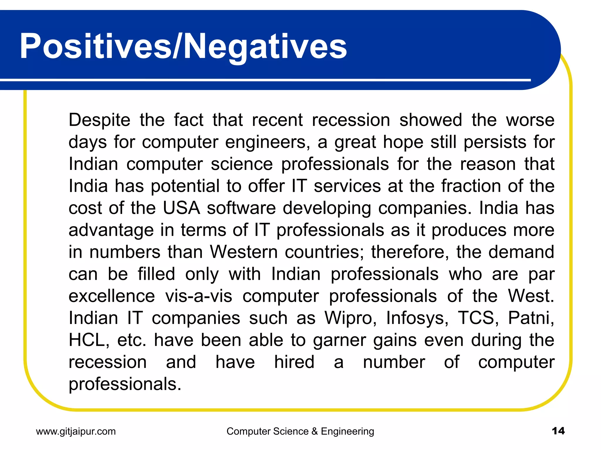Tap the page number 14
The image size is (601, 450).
(x=558, y=431)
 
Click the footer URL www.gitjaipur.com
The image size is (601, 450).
(x=76, y=432)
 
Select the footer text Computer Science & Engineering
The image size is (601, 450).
(x=300, y=432)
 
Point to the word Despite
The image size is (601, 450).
(x=99, y=120)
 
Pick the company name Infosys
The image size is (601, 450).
(x=417, y=318)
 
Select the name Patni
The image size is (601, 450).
(x=531, y=318)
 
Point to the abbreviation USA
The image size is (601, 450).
(x=181, y=208)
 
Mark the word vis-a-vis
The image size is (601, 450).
(x=199, y=296)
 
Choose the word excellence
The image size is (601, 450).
(x=112, y=296)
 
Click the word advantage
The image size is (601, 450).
(x=111, y=231)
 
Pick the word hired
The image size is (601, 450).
(x=294, y=362)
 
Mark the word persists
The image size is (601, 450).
(x=495, y=142)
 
